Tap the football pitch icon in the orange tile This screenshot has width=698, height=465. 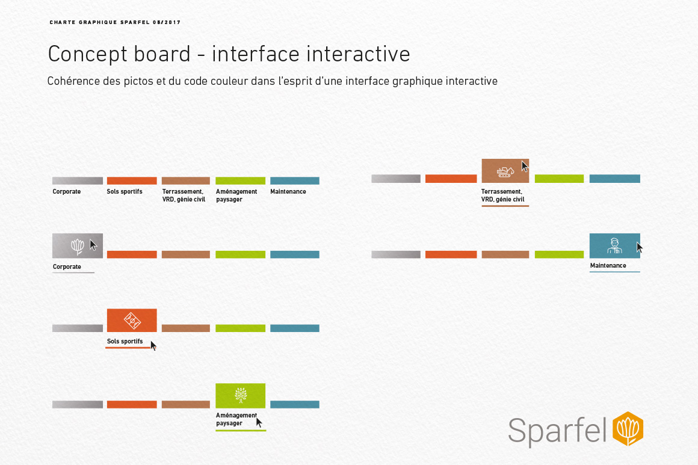click(132, 321)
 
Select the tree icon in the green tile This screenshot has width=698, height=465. click(240, 396)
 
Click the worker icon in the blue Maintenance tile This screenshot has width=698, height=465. click(613, 245)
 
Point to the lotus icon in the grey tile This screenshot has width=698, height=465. click(77, 246)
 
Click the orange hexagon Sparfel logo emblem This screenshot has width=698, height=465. click(628, 429)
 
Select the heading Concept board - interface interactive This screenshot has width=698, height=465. click(229, 54)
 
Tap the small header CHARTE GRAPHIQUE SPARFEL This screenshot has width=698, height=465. click(115, 22)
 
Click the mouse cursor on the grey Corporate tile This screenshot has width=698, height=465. click(93, 245)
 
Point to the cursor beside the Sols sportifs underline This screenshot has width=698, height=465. click(153, 345)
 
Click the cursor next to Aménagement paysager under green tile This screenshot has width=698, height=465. click(259, 422)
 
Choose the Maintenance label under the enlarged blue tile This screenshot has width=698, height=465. click(608, 265)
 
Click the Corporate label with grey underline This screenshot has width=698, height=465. click(67, 266)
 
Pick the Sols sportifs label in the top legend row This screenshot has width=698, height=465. click(125, 192)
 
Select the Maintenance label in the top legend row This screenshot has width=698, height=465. click(288, 192)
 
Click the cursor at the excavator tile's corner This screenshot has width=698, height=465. click(525, 166)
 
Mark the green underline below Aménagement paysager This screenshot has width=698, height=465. click(241, 430)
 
